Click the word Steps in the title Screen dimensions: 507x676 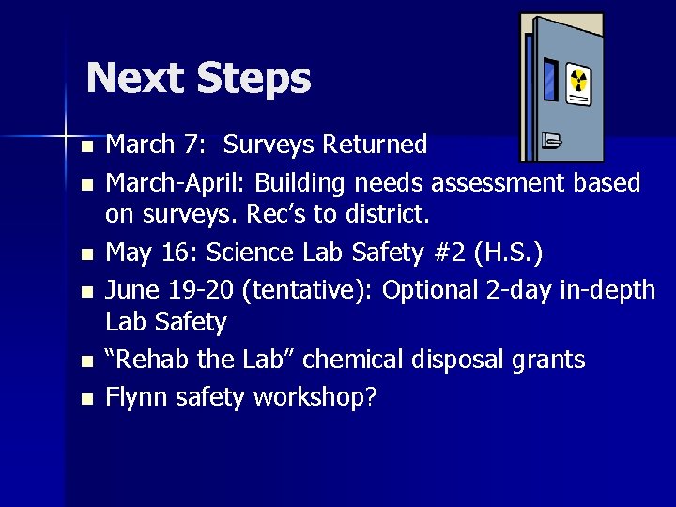tap(253, 79)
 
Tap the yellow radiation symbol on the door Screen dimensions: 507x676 tap(579, 83)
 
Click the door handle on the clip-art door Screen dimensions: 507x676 tap(551, 142)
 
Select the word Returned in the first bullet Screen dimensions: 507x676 tap(375, 145)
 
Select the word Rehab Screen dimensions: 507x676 tap(144, 360)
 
